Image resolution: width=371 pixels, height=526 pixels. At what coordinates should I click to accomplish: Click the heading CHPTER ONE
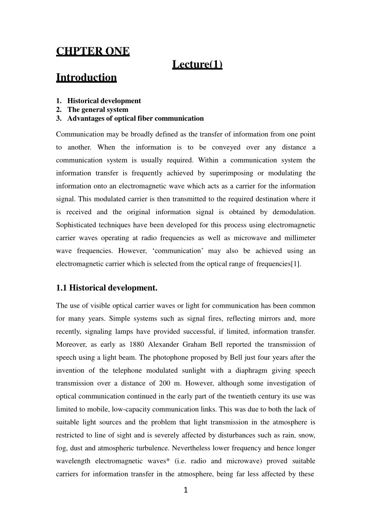coord(92,52)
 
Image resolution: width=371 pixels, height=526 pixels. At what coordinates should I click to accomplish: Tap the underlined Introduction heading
coord(86,78)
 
